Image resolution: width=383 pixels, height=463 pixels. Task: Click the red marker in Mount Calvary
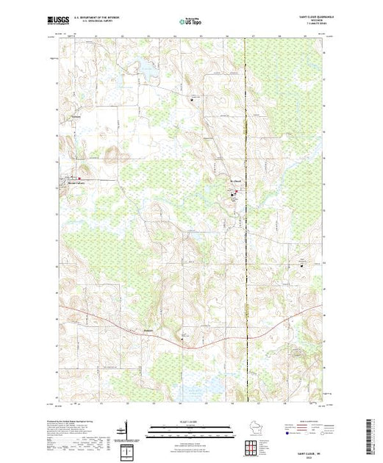81,179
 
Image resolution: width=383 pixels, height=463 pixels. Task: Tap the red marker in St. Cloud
234,195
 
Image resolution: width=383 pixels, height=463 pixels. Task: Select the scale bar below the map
184,426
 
